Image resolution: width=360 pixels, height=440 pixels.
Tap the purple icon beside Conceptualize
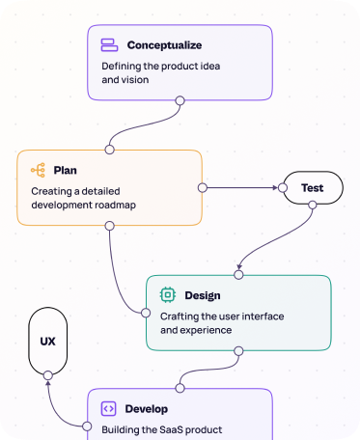pos(109,45)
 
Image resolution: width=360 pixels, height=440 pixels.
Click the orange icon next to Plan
pos(39,170)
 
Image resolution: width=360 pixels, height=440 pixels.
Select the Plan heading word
pos(65,170)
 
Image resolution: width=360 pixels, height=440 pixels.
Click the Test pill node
pos(311,187)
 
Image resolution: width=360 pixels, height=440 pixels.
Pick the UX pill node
pos(47,342)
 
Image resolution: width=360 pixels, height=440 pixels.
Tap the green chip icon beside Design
pos(167,295)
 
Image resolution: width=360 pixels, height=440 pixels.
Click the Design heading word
pos(202,295)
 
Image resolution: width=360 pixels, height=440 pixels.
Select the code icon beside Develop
pos(108,408)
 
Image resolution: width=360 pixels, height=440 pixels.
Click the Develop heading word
pos(147,408)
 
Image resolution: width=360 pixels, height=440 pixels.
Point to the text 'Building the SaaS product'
pos(162,428)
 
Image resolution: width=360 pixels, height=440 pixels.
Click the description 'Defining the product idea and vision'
pos(160,73)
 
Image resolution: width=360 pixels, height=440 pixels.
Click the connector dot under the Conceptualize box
pos(180,99)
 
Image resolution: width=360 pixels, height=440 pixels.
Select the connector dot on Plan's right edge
pos(202,187)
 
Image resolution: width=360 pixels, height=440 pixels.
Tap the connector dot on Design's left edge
pos(146,312)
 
